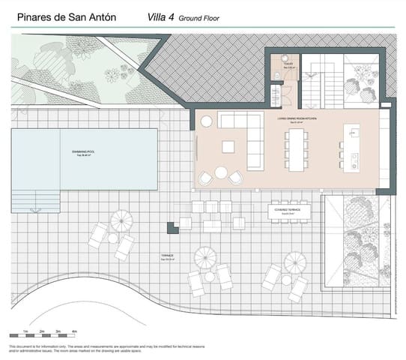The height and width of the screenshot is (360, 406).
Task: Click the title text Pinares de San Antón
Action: pyautogui.click(x=61, y=15)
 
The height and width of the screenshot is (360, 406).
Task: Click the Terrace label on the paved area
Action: pyautogui.click(x=167, y=256)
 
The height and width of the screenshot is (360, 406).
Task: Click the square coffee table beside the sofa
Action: pyautogui.click(x=227, y=147)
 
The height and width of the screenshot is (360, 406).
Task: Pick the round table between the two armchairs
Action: pyautogui.click(x=221, y=172)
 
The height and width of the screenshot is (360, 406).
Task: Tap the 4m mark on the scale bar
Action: pyautogui.click(x=73, y=330)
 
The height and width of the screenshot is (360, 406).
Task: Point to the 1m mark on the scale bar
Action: pyautogui.click(x=26, y=330)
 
